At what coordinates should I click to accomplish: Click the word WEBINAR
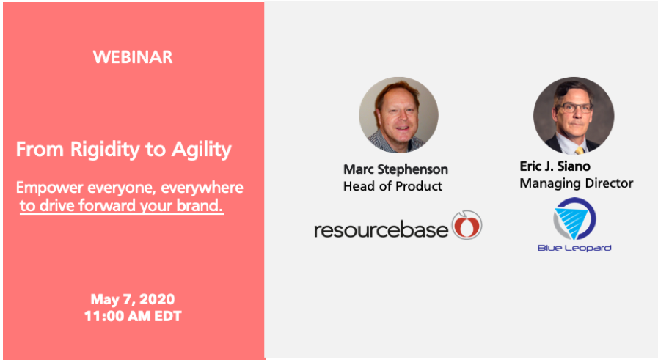point(133,57)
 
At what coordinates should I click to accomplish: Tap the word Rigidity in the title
point(105,150)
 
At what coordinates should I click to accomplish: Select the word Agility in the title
point(202,150)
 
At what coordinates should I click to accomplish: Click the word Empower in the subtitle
point(50,188)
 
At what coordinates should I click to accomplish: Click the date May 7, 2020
point(133,299)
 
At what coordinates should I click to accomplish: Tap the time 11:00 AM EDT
point(133,316)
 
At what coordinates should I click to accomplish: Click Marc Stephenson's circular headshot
point(398,115)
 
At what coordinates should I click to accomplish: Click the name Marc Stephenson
point(395,169)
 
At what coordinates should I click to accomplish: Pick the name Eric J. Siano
point(555,166)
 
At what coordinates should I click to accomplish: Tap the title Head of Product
point(392,186)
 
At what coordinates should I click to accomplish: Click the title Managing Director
point(576,183)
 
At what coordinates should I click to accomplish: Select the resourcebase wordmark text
point(381,230)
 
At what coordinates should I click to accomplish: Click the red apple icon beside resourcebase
point(467,225)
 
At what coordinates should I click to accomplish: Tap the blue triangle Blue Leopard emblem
point(574,219)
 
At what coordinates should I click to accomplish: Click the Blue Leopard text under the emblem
point(574,248)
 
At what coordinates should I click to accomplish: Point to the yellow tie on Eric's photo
point(580,150)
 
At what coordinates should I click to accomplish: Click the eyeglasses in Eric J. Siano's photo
point(574,108)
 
